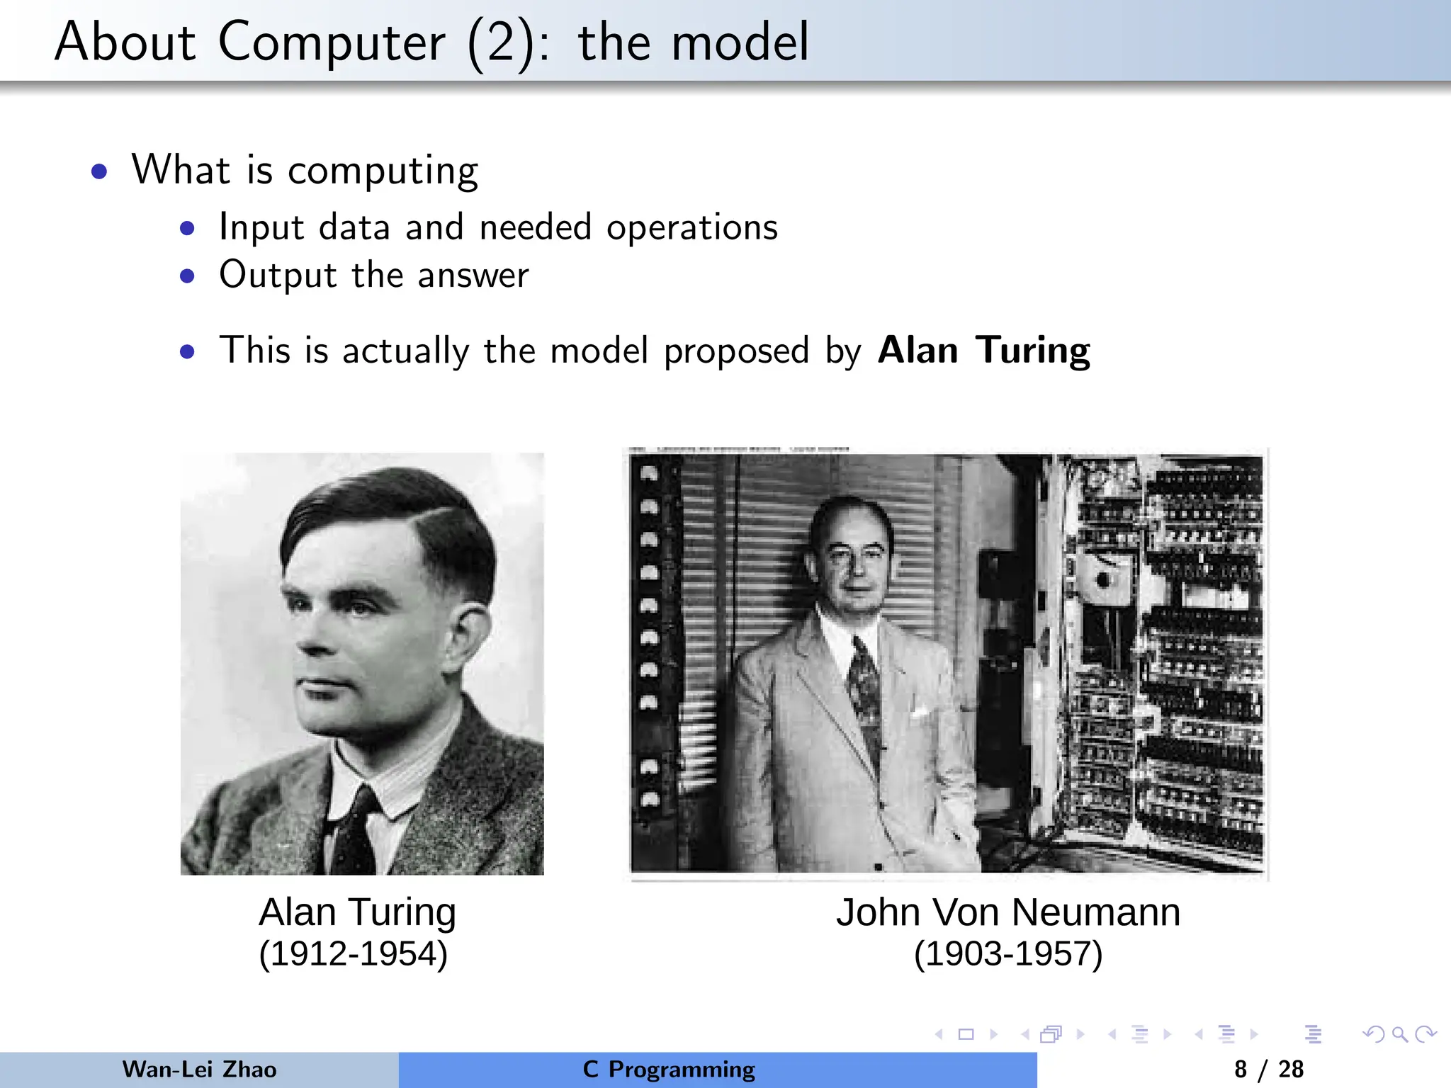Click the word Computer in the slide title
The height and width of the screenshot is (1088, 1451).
coord(332,42)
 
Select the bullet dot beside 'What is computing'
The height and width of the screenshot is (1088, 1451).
coord(99,171)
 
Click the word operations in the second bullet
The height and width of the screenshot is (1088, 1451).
coord(691,227)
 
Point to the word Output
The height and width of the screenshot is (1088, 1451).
coord(278,275)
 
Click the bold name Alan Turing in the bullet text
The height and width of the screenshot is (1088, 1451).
coord(983,350)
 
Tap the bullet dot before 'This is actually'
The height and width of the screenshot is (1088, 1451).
coord(187,352)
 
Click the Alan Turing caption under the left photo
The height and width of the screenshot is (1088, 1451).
coord(357,912)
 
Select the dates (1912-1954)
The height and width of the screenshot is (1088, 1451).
coord(353,953)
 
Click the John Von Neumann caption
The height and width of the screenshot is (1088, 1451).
coord(1007,912)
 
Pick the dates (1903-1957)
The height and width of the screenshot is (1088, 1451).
coord(1007,953)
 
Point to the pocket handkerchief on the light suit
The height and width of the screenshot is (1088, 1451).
coord(920,710)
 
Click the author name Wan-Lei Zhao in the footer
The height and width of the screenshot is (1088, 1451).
coord(199,1070)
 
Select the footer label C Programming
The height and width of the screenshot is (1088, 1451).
coord(669,1070)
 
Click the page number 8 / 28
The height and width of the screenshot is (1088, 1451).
coord(1268,1070)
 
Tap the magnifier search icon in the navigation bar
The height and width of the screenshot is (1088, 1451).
coord(1399,1035)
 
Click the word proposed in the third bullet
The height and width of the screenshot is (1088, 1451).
coord(735,351)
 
